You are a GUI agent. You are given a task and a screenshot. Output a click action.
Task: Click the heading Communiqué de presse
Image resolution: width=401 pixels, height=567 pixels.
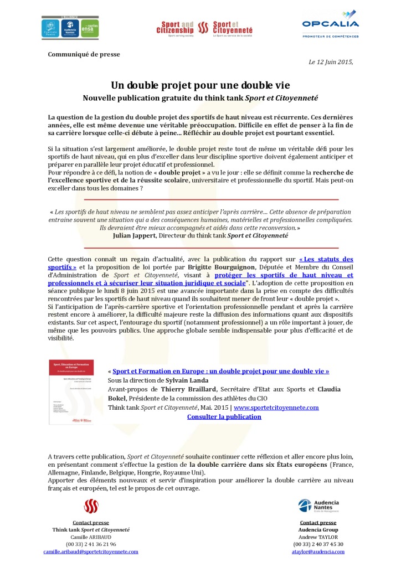pyautogui.click(x=84, y=54)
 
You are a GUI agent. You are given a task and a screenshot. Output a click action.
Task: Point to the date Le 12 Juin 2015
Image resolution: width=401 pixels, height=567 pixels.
pyautogui.click(x=331, y=62)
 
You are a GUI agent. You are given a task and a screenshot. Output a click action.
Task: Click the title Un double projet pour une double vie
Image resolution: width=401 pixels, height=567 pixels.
pyautogui.click(x=200, y=86)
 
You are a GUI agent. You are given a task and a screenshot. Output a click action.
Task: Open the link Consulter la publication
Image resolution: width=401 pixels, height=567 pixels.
pyautogui.click(x=224, y=416)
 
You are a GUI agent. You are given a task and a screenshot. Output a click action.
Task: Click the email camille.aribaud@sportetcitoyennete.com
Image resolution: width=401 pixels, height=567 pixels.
pyautogui.click(x=91, y=552)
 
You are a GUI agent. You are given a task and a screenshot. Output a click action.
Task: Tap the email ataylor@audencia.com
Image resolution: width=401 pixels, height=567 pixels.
pyautogui.click(x=318, y=552)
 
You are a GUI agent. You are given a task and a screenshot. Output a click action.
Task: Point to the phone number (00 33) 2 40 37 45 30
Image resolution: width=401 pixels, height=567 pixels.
pyautogui.click(x=318, y=544)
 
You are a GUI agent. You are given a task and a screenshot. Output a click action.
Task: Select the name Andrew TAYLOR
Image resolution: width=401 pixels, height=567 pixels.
pyautogui.click(x=318, y=537)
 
